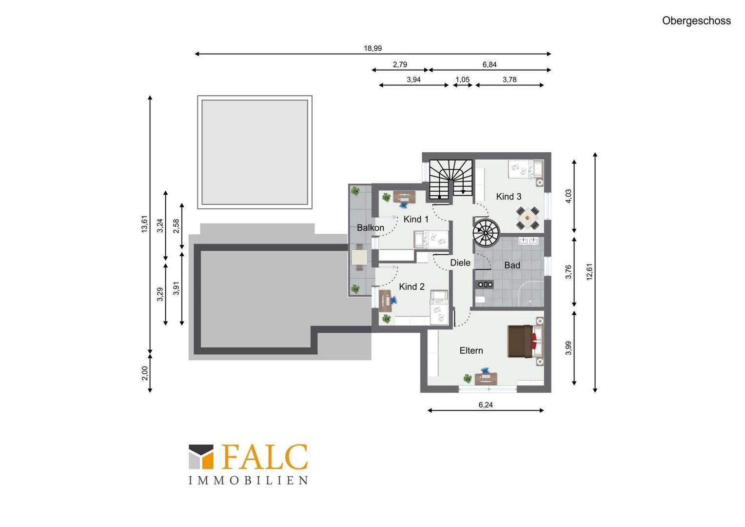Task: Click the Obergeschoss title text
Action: (696, 20)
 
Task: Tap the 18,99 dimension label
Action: (372, 48)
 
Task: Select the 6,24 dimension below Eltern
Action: (486, 405)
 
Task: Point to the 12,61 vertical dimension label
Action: (589, 272)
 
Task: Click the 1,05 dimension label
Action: (462, 80)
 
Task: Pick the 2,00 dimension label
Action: (145, 373)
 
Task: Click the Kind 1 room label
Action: (416, 219)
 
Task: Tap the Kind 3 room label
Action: (509, 197)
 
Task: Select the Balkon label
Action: (370, 228)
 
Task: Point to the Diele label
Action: (460, 263)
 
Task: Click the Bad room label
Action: (512, 265)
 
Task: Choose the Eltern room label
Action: (471, 350)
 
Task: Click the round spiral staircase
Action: (486, 231)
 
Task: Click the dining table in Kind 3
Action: (527, 218)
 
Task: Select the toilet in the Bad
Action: (480, 300)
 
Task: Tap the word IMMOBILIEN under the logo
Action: (248, 480)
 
